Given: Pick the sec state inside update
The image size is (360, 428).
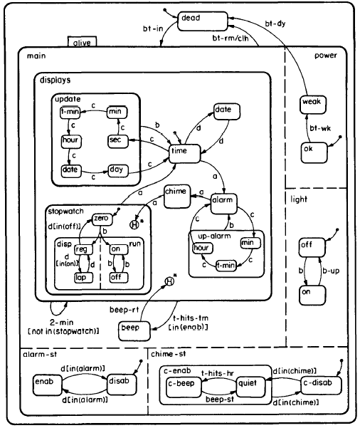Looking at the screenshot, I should [x=117, y=140].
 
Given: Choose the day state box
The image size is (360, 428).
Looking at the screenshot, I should [x=117, y=170].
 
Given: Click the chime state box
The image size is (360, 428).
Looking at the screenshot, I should [x=175, y=193].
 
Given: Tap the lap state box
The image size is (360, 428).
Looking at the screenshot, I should [x=80, y=277].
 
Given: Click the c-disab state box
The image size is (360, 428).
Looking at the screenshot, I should [x=320, y=385].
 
